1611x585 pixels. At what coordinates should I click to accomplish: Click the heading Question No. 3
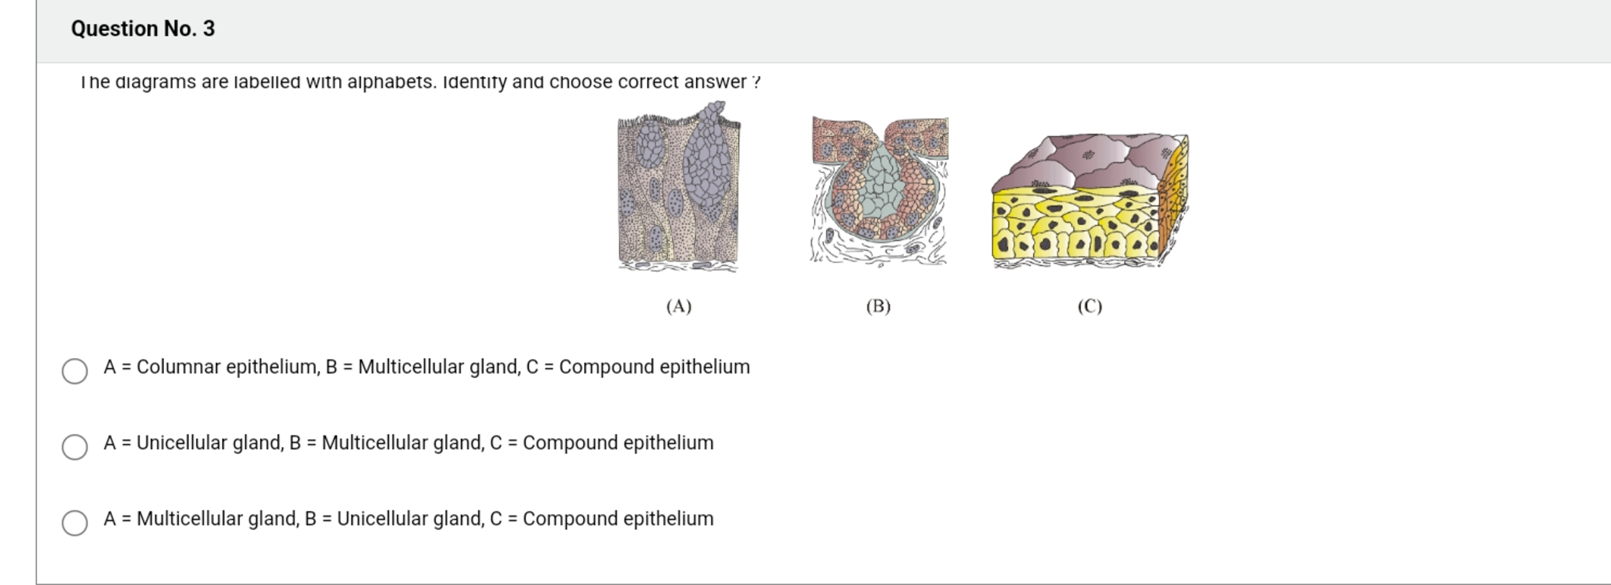click(x=142, y=29)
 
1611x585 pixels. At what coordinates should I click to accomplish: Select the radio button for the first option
click(x=75, y=371)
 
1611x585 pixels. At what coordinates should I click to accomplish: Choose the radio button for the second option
click(x=75, y=447)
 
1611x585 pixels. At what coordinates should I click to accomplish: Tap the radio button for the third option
click(x=75, y=523)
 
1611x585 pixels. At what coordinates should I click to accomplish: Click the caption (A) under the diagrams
click(x=679, y=307)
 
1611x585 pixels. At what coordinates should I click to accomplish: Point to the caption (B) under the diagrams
click(x=878, y=307)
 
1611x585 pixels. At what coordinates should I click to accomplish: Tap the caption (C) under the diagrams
click(x=1089, y=307)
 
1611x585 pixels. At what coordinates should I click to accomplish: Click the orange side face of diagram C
click(x=1172, y=195)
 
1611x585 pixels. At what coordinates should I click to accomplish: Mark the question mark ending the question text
click(x=756, y=82)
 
